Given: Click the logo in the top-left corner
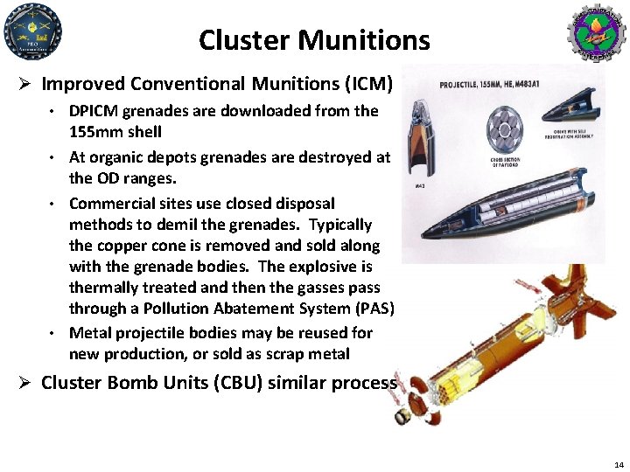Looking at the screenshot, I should (x=32, y=31).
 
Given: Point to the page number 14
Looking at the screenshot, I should (x=619, y=464).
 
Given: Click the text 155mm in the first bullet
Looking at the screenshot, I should (x=93, y=131).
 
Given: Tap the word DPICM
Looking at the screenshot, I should (x=94, y=111).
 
